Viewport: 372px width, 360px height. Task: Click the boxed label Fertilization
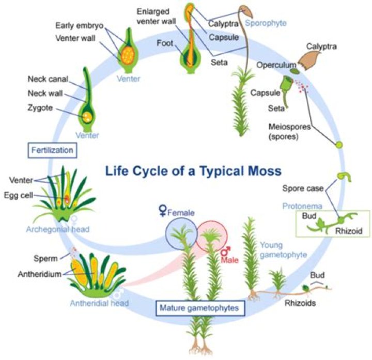coord(51,151)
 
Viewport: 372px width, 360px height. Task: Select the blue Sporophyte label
coord(266,23)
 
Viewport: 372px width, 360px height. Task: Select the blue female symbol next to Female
coord(163,210)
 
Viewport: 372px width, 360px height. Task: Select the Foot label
coord(165,44)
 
